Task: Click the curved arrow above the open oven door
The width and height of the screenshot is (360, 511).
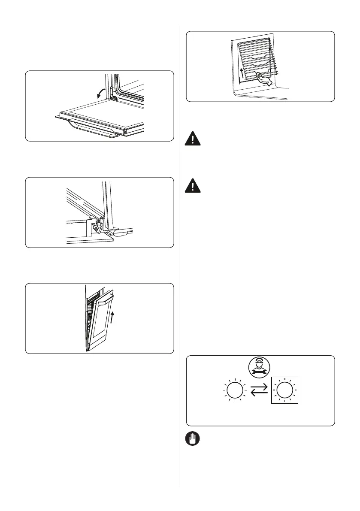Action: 102,91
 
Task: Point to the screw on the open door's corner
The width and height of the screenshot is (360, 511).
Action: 124,132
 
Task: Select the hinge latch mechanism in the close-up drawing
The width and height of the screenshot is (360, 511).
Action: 98,225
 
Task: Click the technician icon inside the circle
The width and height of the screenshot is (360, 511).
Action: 260,368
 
